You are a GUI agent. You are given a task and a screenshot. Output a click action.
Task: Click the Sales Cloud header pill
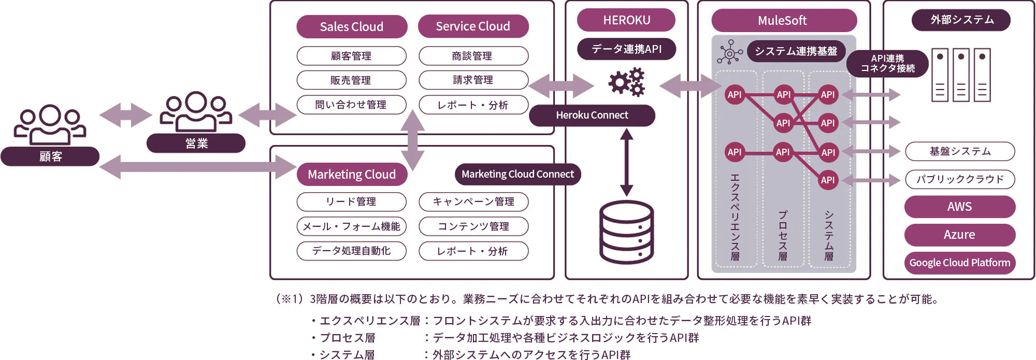pyautogui.click(x=352, y=26)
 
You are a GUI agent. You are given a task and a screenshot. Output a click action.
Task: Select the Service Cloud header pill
pyautogui.click(x=473, y=26)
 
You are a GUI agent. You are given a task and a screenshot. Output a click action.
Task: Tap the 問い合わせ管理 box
pyautogui.click(x=351, y=105)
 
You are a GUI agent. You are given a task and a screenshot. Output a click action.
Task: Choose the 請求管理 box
pyautogui.click(x=473, y=80)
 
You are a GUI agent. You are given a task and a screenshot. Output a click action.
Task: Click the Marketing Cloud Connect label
pyautogui.click(x=517, y=175)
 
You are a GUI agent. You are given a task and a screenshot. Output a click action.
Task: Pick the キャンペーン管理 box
pyautogui.click(x=473, y=201)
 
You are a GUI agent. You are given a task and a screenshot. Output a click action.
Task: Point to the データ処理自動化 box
pyautogui.click(x=351, y=251)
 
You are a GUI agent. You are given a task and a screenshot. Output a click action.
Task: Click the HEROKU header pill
pyautogui.click(x=626, y=20)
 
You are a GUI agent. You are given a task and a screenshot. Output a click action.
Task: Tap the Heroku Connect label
pyautogui.click(x=592, y=116)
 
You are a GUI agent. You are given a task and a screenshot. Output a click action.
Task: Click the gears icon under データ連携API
pyautogui.click(x=627, y=82)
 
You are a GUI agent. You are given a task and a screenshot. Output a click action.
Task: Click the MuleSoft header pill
pyautogui.click(x=782, y=21)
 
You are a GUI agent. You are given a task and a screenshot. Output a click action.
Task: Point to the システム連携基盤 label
pyautogui.click(x=796, y=51)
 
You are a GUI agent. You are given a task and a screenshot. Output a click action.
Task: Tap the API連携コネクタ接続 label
pyautogui.click(x=887, y=64)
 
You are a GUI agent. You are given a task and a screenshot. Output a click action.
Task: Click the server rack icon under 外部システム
pyautogui.click(x=961, y=75)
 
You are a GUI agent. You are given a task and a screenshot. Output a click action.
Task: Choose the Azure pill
pyautogui.click(x=959, y=235)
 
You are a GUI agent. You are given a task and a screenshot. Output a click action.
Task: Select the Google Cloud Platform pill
pyautogui.click(x=959, y=263)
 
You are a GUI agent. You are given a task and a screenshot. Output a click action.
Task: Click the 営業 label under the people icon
pyautogui.click(x=196, y=143)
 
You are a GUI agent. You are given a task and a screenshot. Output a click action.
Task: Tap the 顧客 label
pyautogui.click(x=50, y=156)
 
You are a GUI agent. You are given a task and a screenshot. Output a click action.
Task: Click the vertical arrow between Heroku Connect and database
pyautogui.click(x=627, y=162)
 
